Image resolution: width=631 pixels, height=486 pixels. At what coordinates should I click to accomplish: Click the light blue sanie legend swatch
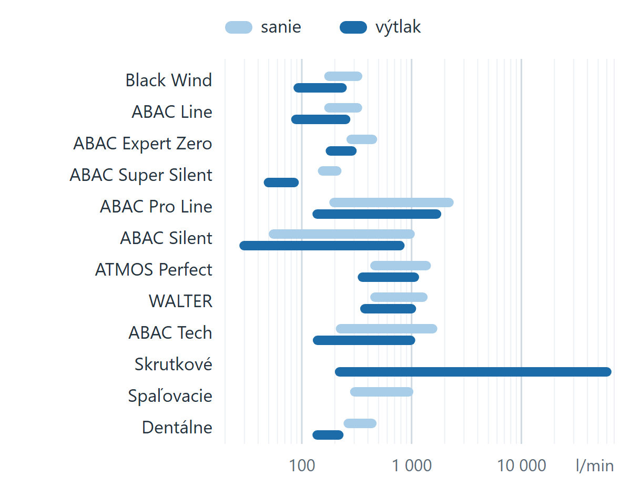pyautogui.click(x=238, y=27)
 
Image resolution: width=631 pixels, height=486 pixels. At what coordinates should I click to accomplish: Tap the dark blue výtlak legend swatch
pyautogui.click(x=353, y=27)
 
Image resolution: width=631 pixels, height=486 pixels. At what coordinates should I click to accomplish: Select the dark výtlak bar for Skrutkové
pyautogui.click(x=473, y=372)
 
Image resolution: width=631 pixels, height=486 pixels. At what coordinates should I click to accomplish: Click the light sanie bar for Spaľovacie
pyautogui.click(x=382, y=392)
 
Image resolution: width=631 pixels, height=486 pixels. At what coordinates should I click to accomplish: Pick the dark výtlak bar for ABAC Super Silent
pyautogui.click(x=281, y=183)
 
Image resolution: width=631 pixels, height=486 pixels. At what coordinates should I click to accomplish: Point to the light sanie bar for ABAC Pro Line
pyautogui.click(x=391, y=202)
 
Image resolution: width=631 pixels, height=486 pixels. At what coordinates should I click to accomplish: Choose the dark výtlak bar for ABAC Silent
pyautogui.click(x=322, y=246)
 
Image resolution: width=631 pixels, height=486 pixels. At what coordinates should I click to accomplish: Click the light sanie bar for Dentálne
pyautogui.click(x=360, y=423)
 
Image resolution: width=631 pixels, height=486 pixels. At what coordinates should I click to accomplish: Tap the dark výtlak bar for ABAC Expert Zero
pyautogui.click(x=341, y=151)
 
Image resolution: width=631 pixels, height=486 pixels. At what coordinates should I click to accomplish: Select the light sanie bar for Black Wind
pyautogui.click(x=343, y=76)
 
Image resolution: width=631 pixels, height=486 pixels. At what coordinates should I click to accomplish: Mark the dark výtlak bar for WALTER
pyautogui.click(x=388, y=309)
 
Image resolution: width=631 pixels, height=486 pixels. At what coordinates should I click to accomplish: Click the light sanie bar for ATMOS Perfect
pyautogui.click(x=401, y=266)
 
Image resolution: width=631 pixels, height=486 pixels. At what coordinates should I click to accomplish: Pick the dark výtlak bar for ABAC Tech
pyautogui.click(x=364, y=340)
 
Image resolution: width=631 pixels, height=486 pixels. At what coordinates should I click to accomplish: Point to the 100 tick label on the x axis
pyautogui.click(x=302, y=465)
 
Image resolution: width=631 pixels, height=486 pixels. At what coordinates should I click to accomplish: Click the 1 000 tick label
pyautogui.click(x=412, y=465)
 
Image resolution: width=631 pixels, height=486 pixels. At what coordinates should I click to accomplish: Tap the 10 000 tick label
pyautogui.click(x=522, y=465)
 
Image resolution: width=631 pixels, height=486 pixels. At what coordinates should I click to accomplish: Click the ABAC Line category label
pyautogui.click(x=172, y=112)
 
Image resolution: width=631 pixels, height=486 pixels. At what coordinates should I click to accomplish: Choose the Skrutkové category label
pyautogui.click(x=174, y=364)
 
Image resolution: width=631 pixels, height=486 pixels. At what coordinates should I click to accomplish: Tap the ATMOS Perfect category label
pyautogui.click(x=154, y=269)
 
